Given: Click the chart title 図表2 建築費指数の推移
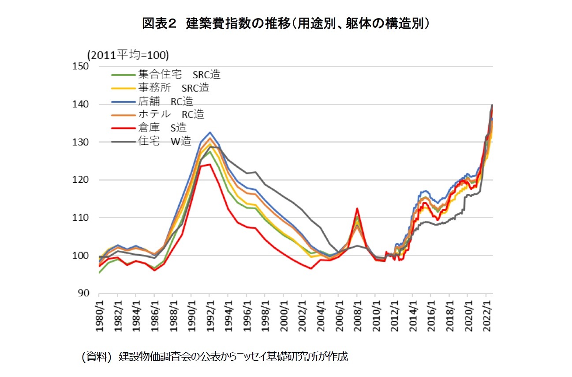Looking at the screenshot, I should tap(286, 23).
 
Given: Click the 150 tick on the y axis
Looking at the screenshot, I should tap(82, 66).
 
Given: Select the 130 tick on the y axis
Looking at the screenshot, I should tap(82, 142).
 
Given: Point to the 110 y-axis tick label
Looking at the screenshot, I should tap(82, 218).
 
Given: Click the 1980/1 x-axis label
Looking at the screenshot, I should tap(99, 314).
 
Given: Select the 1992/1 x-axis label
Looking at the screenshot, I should tap(210, 314).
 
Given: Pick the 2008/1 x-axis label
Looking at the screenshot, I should tap(357, 314).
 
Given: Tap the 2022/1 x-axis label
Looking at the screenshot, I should tap(486, 314).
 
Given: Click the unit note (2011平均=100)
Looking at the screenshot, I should tap(128, 55).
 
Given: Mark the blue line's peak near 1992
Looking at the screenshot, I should tap(210, 132).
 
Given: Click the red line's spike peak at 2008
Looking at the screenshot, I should tap(357, 208).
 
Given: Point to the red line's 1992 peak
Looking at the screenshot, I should tap(210, 164).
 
